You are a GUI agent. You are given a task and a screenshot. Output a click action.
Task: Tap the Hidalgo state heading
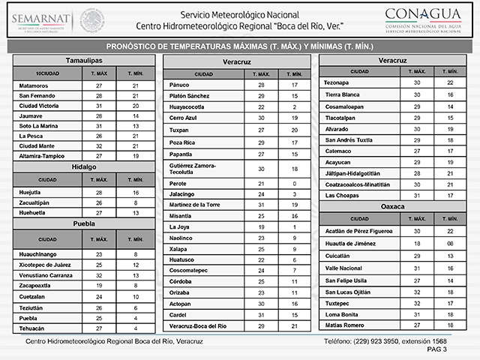(83, 166)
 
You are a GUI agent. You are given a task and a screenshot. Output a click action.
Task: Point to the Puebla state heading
(83, 223)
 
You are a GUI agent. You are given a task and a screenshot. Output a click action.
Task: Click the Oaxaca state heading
(393, 205)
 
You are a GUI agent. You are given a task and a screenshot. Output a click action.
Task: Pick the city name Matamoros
(34, 86)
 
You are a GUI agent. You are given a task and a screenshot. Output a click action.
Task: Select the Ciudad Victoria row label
(40, 106)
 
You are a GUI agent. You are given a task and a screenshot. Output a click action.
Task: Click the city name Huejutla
(31, 193)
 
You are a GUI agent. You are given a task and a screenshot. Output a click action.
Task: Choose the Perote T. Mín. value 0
(295, 183)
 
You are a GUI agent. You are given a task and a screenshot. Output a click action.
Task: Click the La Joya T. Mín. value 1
(295, 226)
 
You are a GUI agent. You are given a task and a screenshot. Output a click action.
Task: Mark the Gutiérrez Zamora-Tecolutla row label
(193, 168)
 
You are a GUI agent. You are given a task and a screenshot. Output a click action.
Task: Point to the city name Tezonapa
(337, 82)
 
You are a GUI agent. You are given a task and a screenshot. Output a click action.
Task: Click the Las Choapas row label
(341, 195)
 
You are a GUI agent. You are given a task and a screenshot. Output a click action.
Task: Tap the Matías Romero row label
(344, 325)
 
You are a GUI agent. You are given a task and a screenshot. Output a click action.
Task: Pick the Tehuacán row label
(32, 328)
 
